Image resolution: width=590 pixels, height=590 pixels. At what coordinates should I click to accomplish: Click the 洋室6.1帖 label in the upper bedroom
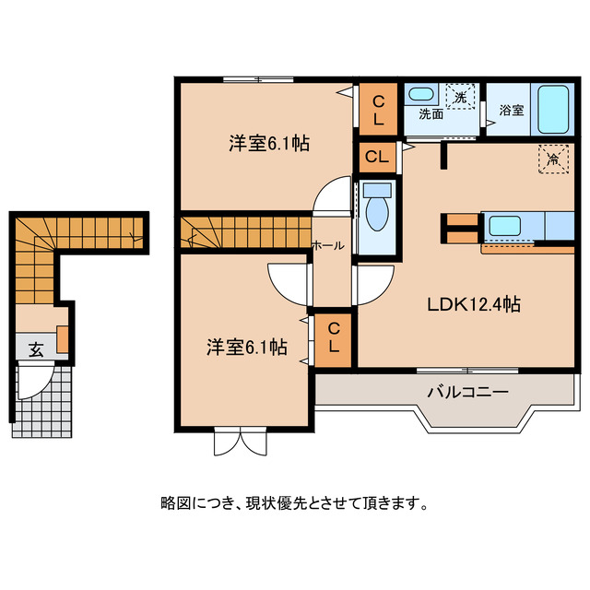pyautogui.click(x=268, y=144)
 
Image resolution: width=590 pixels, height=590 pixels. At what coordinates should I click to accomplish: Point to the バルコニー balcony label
pyautogui.click(x=467, y=392)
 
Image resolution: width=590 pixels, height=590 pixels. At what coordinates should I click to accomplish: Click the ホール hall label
pyautogui.click(x=329, y=246)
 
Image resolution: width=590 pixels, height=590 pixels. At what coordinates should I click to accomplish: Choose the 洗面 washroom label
pyautogui.click(x=431, y=115)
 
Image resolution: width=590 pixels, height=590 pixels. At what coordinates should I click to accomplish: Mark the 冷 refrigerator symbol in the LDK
pyautogui.click(x=553, y=159)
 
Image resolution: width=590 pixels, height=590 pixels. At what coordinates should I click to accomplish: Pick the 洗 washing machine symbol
pyautogui.click(x=459, y=94)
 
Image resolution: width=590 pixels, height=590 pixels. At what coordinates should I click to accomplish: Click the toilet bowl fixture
pyautogui.click(x=377, y=211)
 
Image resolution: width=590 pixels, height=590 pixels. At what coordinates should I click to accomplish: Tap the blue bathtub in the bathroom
pyautogui.click(x=554, y=110)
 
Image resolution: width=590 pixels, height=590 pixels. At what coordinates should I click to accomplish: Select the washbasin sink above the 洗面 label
pyautogui.click(x=421, y=94)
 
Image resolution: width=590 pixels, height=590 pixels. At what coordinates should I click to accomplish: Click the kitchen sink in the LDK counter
pyautogui.click(x=504, y=225)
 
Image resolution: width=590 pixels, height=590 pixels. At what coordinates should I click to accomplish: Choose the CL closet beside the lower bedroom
pyautogui.click(x=335, y=339)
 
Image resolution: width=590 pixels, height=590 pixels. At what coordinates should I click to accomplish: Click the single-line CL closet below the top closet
pyautogui.click(x=376, y=157)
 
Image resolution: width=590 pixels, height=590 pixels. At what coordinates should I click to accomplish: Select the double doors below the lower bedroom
pyautogui.click(x=238, y=442)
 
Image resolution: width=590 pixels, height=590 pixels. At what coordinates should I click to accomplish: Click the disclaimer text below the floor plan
pyautogui.click(x=294, y=504)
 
